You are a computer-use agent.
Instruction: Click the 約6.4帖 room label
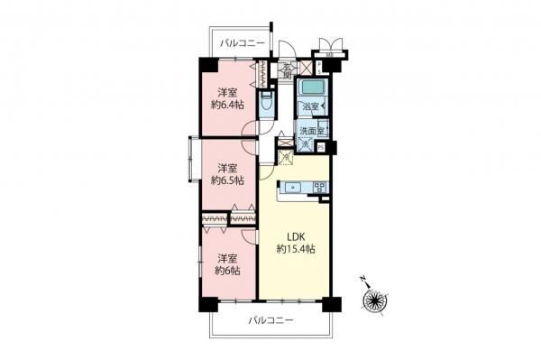[226, 103]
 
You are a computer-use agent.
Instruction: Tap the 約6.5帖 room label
[226, 180]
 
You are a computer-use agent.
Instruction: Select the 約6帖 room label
[226, 269]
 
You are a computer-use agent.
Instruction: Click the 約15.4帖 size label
[295, 249]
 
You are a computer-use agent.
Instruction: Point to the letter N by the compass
[362, 279]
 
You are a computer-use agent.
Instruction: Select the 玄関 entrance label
[287, 71]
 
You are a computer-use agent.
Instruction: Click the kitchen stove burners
[318, 188]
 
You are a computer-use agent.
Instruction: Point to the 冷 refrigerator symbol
[285, 159]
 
